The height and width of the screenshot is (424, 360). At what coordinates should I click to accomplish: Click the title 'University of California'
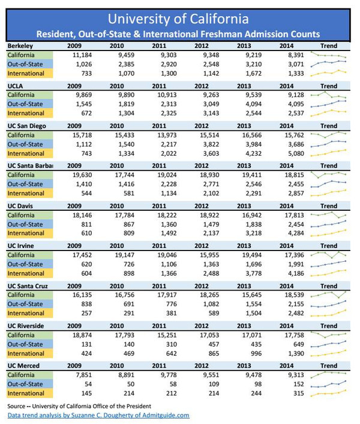[x=178, y=19]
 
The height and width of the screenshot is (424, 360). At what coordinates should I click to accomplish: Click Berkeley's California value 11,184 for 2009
[x=82, y=55]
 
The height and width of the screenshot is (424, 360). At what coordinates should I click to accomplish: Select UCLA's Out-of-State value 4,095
[x=295, y=104]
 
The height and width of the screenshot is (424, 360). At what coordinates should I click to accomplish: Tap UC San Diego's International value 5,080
[x=296, y=154]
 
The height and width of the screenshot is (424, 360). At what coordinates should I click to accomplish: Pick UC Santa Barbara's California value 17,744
[x=125, y=175]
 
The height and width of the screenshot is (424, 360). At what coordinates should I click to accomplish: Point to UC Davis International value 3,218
[x=253, y=233]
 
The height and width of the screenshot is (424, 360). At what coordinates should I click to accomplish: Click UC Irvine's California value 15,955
[x=209, y=255]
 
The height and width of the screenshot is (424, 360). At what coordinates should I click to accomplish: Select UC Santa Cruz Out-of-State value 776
[x=172, y=304]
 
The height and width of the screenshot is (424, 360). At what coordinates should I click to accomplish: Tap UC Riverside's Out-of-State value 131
[x=86, y=344]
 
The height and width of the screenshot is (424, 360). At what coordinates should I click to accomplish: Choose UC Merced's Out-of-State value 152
[x=299, y=384]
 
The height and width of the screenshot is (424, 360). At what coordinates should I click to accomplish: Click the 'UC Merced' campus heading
[x=23, y=366]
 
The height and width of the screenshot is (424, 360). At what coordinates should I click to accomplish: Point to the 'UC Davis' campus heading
[x=20, y=206]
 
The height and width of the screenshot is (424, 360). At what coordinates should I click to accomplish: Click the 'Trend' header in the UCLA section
[x=329, y=86]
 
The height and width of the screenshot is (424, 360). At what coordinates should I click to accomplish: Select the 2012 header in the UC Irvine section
[x=202, y=246]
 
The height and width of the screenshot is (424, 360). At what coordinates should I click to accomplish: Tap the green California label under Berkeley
[x=30, y=55]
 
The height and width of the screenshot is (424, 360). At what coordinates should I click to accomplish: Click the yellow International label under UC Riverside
[x=30, y=353]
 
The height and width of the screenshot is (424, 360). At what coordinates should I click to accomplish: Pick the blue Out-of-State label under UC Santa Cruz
[x=30, y=304]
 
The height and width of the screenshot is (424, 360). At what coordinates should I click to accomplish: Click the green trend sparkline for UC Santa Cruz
[x=328, y=294]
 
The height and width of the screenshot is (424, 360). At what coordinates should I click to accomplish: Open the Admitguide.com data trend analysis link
[x=98, y=416]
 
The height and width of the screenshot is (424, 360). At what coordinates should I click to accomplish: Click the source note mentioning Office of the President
[x=79, y=406]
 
